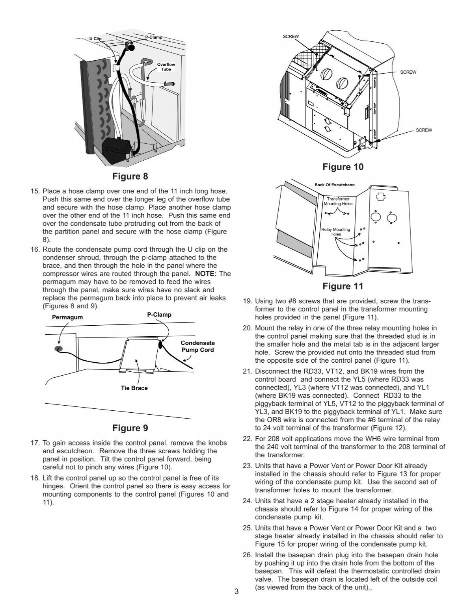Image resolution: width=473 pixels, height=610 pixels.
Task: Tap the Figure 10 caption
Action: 343,167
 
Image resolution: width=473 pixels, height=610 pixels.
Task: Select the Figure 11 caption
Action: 343,286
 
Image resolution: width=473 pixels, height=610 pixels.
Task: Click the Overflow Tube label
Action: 166,67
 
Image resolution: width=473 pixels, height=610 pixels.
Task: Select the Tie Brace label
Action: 134,388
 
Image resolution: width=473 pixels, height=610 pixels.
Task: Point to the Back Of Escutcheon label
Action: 334,185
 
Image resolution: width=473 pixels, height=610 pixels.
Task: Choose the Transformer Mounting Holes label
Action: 338,202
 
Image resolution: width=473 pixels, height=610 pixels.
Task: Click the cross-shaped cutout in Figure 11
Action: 381,197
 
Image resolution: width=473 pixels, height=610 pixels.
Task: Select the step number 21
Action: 247,371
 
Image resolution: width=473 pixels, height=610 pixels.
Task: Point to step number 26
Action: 247,555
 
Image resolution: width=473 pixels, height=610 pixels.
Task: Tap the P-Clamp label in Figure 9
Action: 159,315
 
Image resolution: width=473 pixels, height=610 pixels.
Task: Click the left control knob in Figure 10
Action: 327,75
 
